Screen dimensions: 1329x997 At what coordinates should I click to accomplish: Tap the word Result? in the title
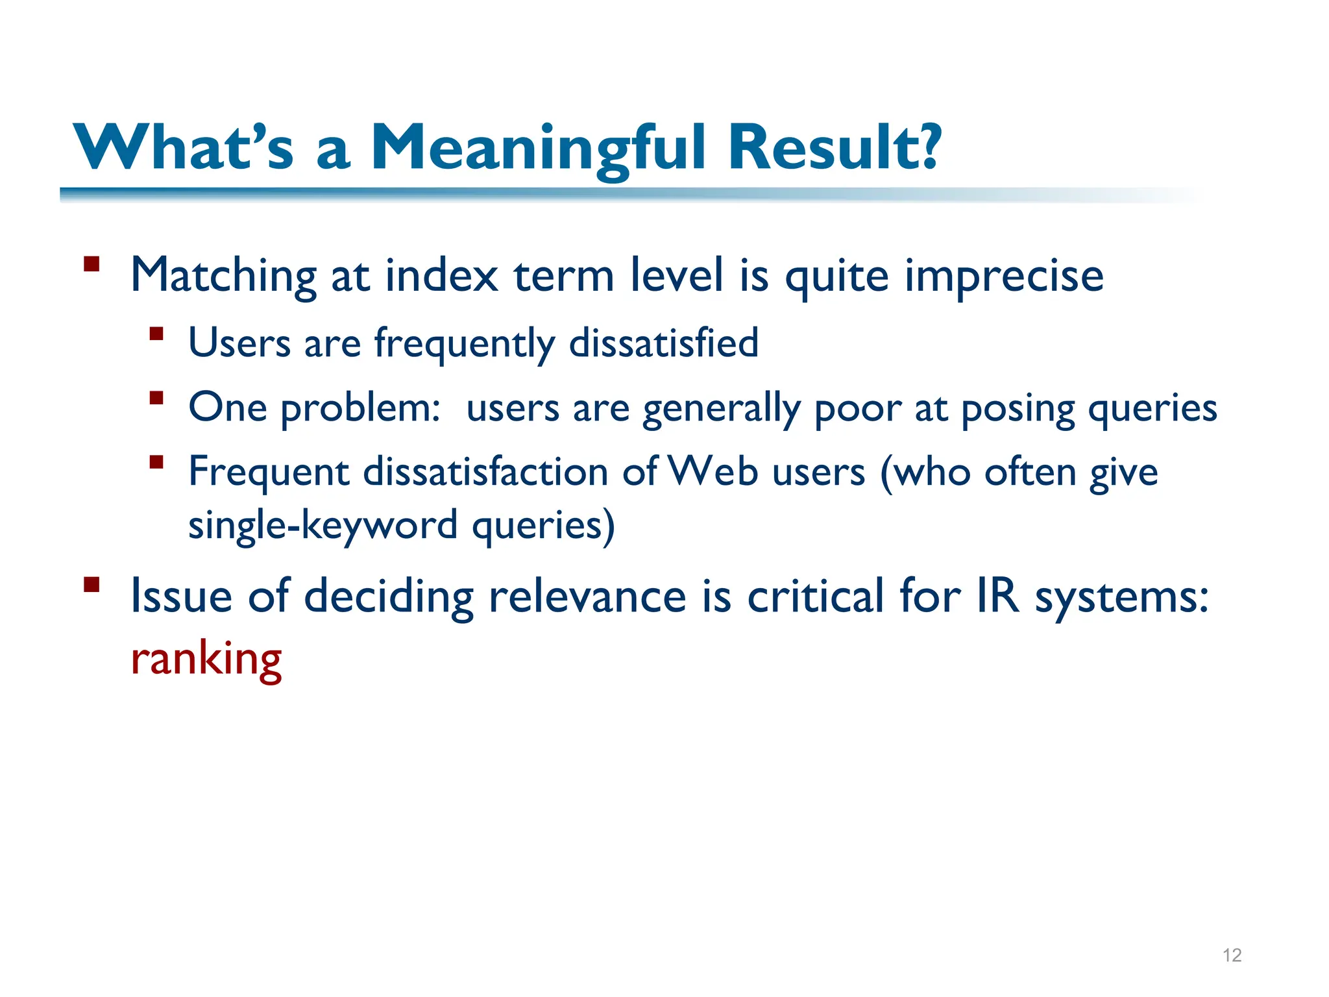pyautogui.click(x=833, y=148)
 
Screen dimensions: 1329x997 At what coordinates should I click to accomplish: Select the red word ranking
pyautogui.click(x=206, y=659)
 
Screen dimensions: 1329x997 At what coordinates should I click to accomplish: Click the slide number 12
pyautogui.click(x=1232, y=955)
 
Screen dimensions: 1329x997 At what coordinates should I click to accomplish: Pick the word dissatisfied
pyautogui.click(x=663, y=343)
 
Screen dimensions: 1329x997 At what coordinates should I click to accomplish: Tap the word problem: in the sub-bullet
pyautogui.click(x=361, y=409)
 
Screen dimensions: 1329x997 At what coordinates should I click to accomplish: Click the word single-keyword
pyautogui.click(x=323, y=524)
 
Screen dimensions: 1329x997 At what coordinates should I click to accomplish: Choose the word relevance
pyautogui.click(x=587, y=596)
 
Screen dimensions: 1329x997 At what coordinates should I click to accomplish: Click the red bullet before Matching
pyautogui.click(x=91, y=264)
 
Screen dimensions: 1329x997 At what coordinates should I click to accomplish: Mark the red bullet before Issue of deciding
pyautogui.click(x=91, y=584)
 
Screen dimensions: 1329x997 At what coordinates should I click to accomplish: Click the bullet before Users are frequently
pyautogui.click(x=156, y=334)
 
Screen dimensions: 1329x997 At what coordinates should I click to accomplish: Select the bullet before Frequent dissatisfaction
pyautogui.click(x=156, y=462)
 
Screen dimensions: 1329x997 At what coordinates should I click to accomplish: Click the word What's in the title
pyautogui.click(x=184, y=148)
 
